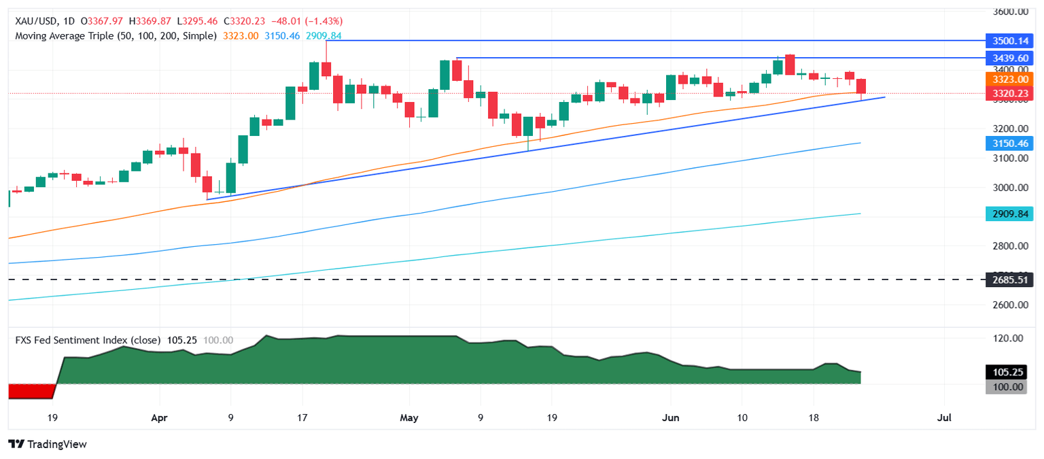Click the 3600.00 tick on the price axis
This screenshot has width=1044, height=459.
(1008, 12)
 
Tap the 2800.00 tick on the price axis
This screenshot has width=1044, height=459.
(1008, 246)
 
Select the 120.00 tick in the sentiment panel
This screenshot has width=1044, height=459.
(1008, 338)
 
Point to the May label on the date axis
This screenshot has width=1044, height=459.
(409, 417)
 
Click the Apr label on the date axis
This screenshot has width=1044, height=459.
(158, 417)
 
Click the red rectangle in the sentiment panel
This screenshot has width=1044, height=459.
(31, 391)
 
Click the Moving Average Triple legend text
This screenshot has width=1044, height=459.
(116, 35)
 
